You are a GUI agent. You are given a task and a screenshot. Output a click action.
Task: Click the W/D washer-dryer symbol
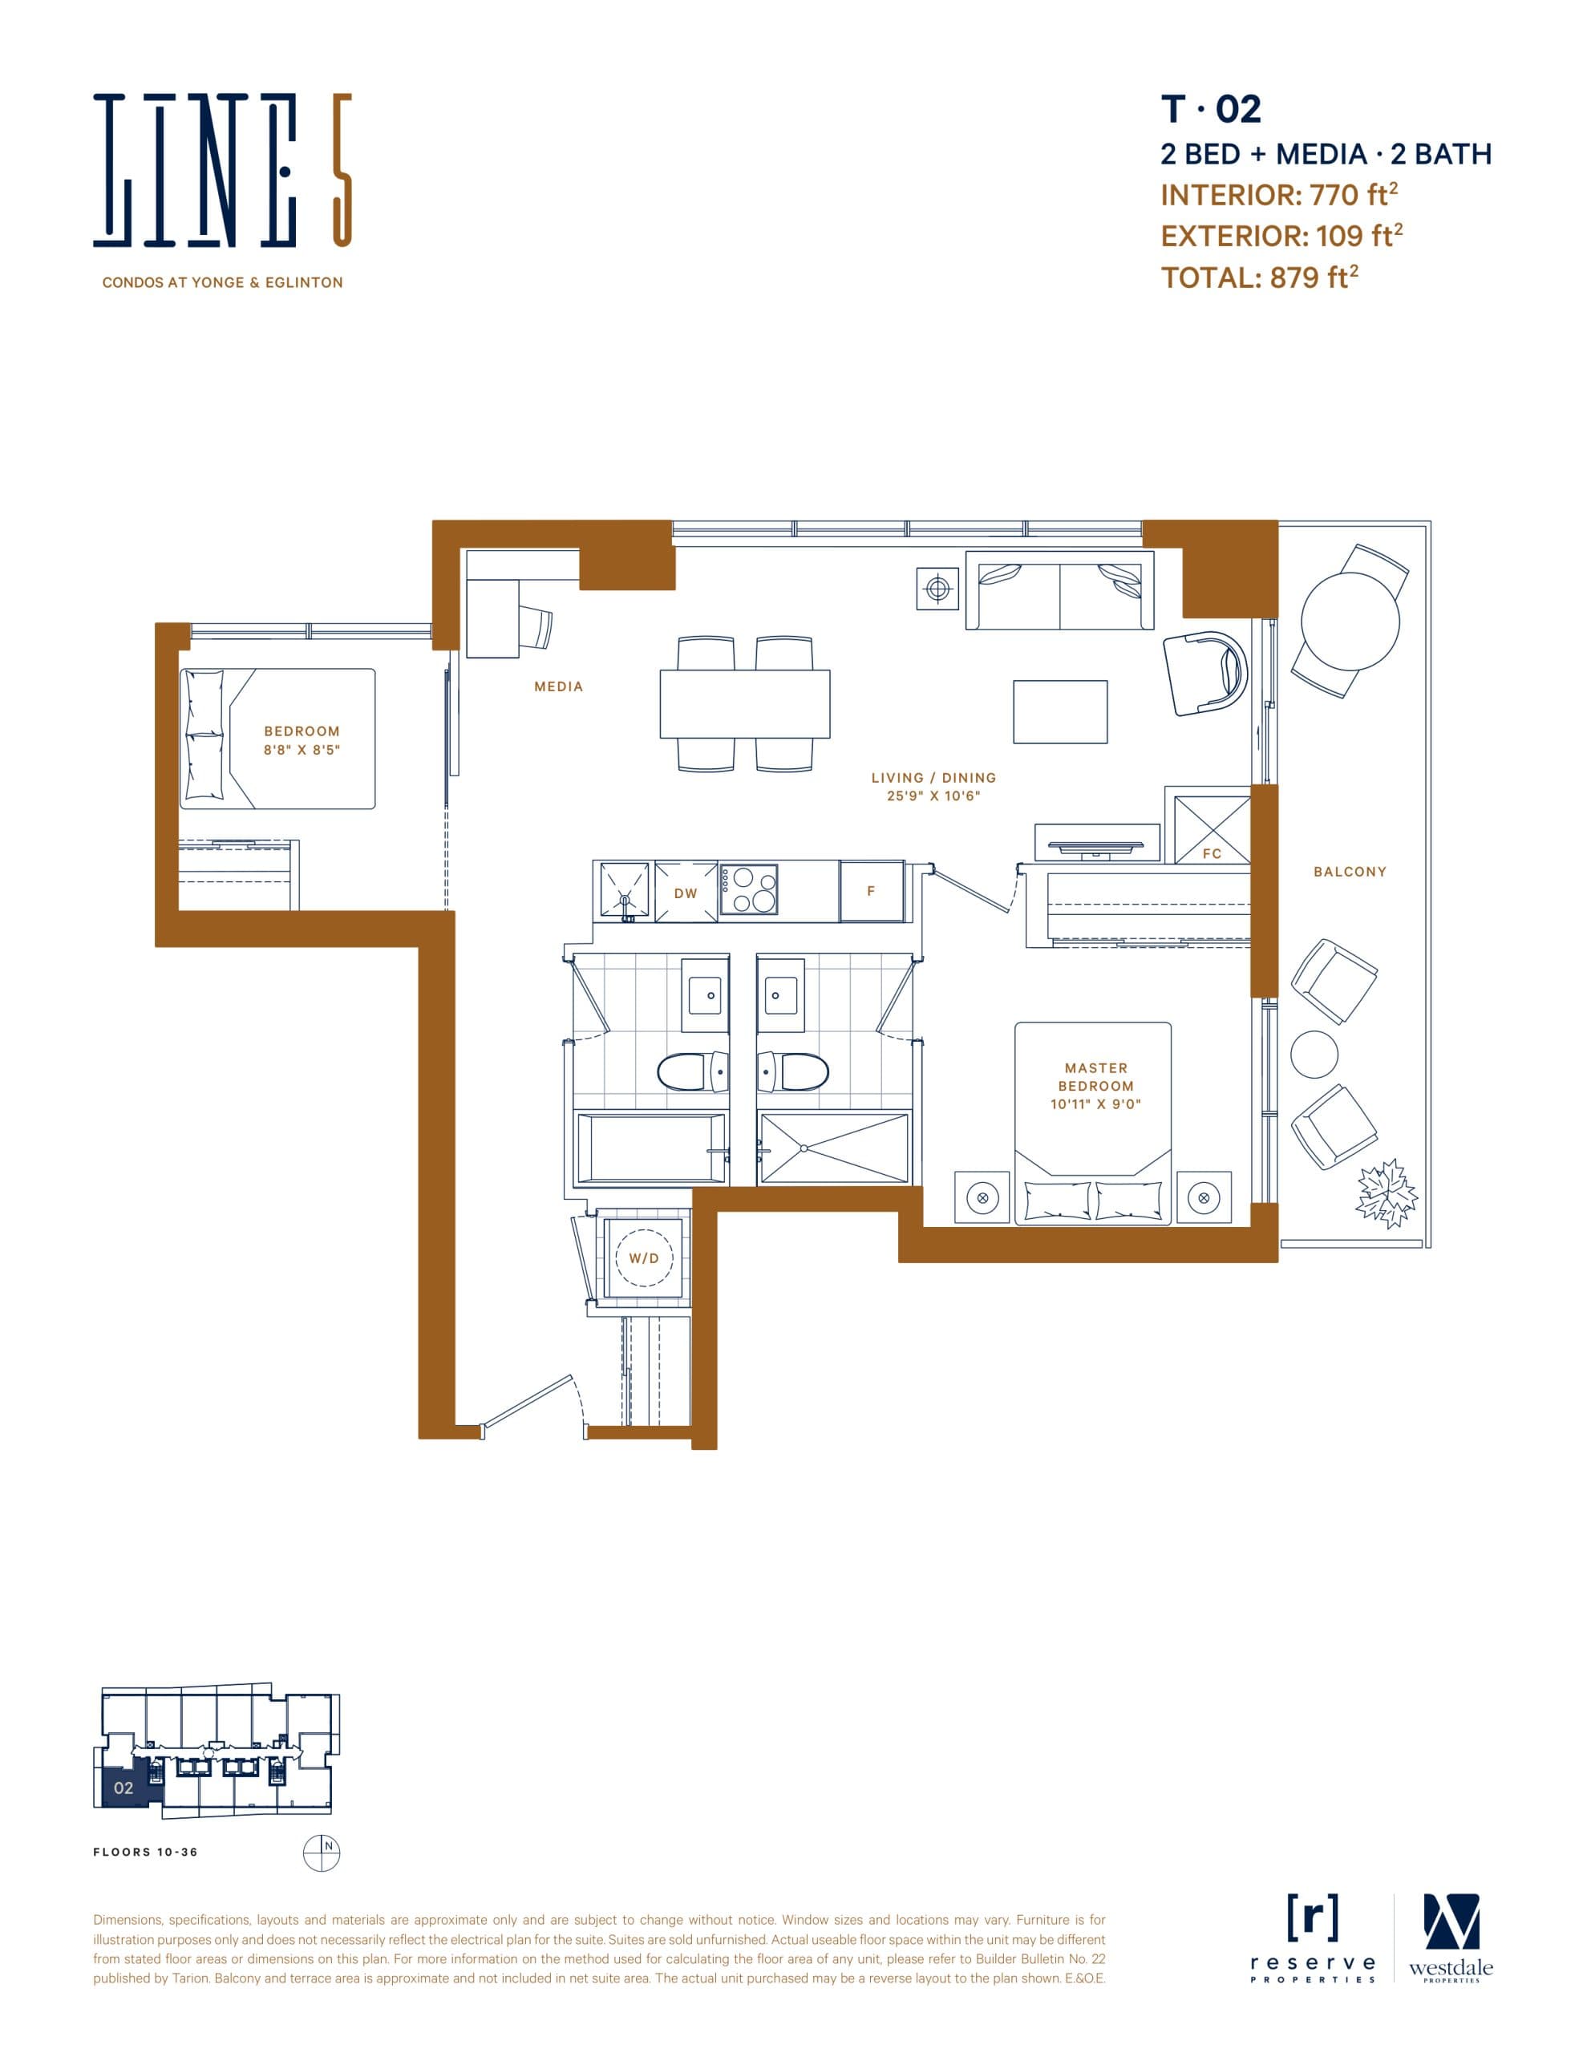pos(644,1257)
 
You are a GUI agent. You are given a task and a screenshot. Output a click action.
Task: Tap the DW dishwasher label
pos(686,893)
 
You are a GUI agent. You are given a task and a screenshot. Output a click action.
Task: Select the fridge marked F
pos(872,890)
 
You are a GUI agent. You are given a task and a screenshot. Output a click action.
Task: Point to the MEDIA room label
pos(558,687)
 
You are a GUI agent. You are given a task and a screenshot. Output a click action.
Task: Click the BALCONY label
pos(1349,872)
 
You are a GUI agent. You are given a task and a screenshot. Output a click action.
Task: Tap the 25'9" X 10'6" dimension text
pos(933,796)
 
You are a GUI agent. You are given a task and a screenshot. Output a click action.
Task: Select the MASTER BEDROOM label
pos(1095,1076)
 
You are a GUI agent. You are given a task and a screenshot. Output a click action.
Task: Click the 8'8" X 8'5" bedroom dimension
pos(301,750)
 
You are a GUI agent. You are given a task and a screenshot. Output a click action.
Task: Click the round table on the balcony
pos(1350,622)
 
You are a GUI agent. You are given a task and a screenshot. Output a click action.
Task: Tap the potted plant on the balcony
pos(1386,1194)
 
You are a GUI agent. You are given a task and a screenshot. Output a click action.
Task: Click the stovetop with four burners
pos(748,889)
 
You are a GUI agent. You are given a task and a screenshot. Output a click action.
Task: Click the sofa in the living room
pos(1059,591)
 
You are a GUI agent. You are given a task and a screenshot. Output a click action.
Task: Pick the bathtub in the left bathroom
pos(650,1148)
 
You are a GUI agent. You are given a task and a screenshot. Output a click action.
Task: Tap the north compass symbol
pos(321,1853)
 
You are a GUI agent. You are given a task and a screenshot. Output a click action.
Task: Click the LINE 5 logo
pos(222,170)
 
